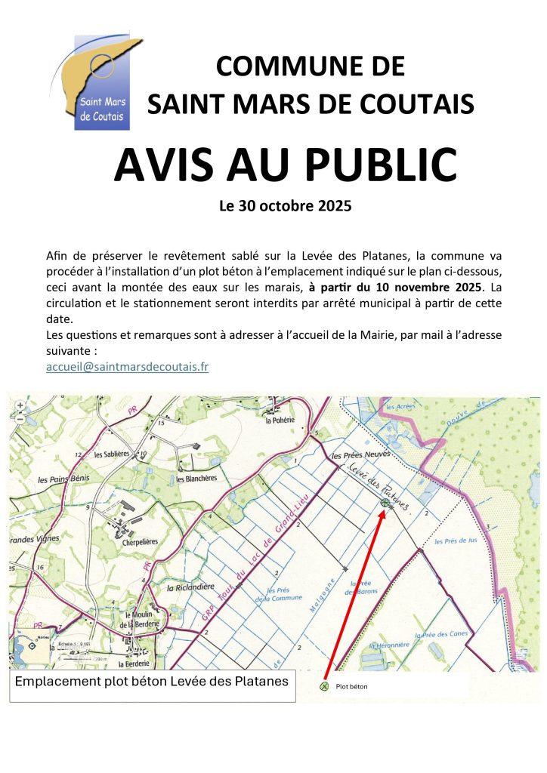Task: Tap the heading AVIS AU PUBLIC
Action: (285, 165)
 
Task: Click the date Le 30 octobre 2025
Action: (285, 205)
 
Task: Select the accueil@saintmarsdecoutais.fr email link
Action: (127, 367)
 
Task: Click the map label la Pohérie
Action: (279, 421)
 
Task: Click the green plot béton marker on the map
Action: (385, 503)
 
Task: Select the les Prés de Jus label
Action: (457, 542)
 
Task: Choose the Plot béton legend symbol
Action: (325, 686)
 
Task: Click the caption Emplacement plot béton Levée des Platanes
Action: (152, 682)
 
